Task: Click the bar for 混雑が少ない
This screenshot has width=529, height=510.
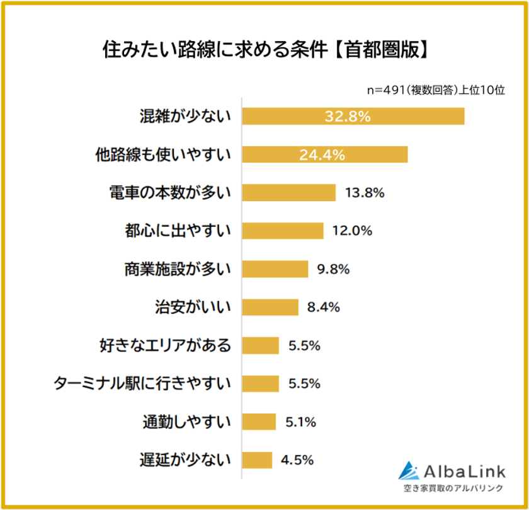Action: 353,117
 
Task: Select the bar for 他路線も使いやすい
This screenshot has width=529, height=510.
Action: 325,154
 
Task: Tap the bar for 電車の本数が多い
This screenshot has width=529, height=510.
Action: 288,193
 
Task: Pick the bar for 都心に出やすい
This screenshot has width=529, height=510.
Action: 283,231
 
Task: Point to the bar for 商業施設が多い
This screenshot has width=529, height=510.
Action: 275,269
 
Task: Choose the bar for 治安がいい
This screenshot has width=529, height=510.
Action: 270,308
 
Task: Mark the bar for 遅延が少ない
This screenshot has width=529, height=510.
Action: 257,460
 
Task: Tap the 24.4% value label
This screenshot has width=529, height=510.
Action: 322,154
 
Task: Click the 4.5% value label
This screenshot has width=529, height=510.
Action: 298,460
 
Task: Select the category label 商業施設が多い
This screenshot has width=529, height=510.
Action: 178,269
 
